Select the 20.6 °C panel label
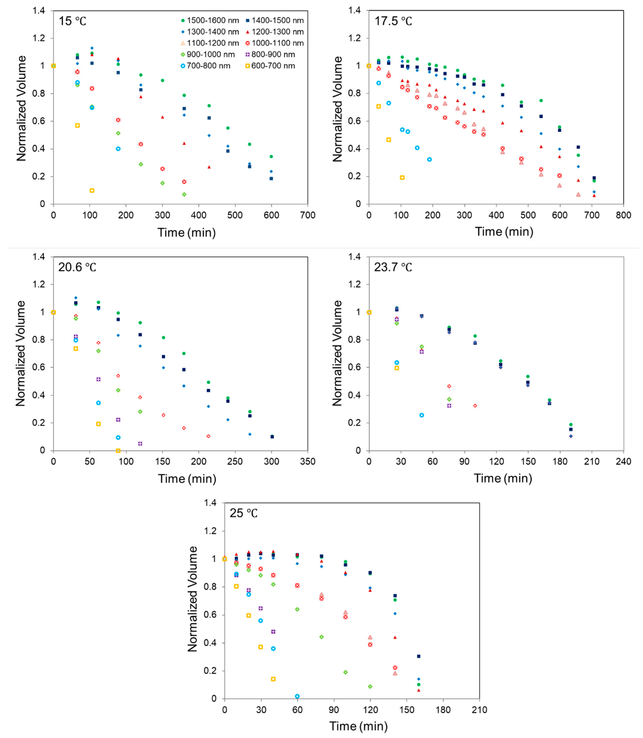point(77,267)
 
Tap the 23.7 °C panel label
point(393,267)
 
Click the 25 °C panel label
point(244,513)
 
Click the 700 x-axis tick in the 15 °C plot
point(307,215)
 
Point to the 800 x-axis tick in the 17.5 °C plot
point(623,215)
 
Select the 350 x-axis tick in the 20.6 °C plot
point(307,461)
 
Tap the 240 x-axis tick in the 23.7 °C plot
point(623,461)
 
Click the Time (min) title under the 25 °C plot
point(358,726)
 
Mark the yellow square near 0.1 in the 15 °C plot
point(92,190)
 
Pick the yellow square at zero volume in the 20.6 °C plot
point(118,451)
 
